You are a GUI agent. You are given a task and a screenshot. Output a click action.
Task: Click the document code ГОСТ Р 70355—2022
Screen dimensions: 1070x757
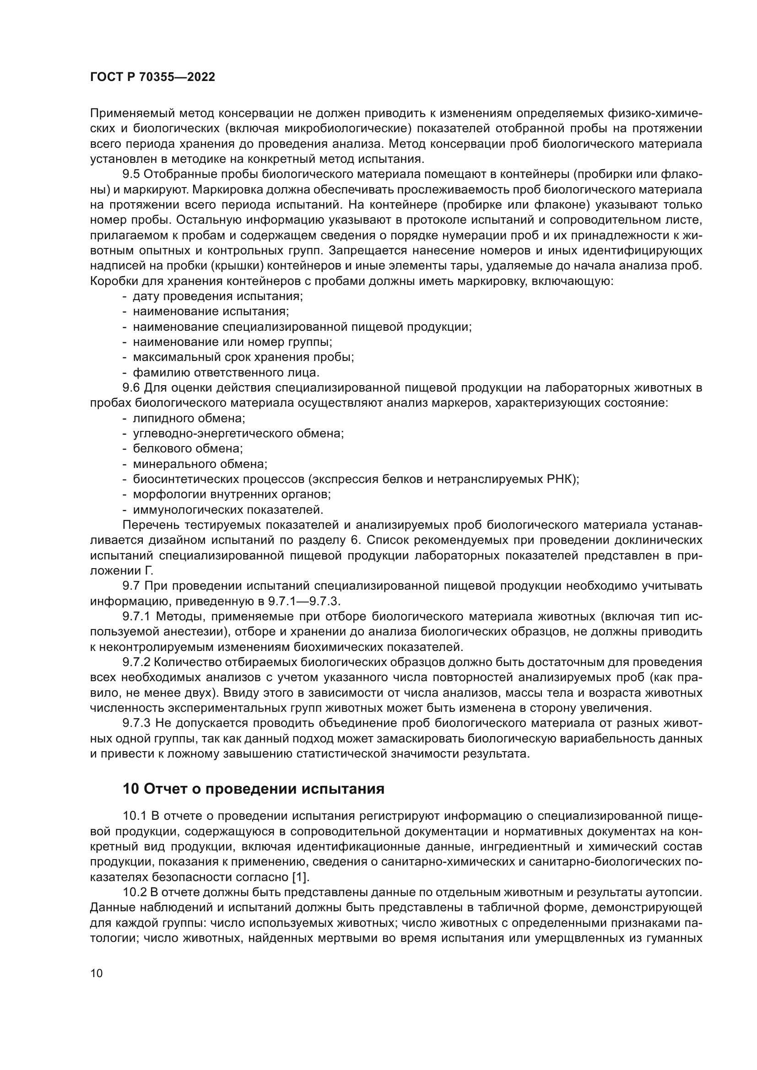coord(152,77)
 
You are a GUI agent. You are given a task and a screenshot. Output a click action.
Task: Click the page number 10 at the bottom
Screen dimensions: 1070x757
coord(97,973)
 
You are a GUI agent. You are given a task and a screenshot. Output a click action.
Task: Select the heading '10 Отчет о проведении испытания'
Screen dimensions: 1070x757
coord(253,789)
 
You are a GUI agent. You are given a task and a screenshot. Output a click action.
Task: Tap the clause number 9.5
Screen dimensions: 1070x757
coord(131,174)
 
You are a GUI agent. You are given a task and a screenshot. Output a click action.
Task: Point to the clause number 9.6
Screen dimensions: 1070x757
coord(131,388)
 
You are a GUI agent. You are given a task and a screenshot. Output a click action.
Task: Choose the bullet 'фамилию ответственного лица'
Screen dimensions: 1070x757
coord(226,373)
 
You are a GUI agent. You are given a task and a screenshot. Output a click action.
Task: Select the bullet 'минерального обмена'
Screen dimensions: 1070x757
coord(200,464)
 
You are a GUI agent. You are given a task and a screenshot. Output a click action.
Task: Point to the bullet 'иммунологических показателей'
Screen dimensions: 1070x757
coord(228,510)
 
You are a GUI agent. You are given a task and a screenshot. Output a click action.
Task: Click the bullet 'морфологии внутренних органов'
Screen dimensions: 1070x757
coord(232,495)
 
